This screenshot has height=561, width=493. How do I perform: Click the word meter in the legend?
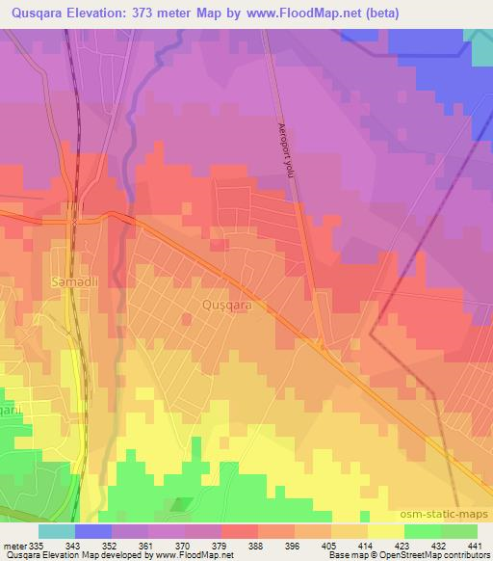16,546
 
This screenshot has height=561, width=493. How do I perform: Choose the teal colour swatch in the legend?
56,531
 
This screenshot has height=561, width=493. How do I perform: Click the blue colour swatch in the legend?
92,531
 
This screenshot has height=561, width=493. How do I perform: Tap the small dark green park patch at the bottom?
181,503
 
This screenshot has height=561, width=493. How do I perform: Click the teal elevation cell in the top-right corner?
479,42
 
